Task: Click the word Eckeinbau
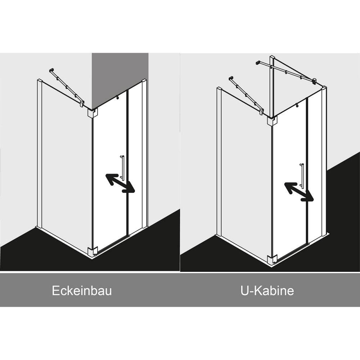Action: coord(82,291)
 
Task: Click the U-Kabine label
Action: coord(267,291)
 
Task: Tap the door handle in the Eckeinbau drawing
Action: coord(122,167)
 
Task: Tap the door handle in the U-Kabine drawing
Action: coord(302,175)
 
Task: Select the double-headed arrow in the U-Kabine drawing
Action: coord(299,192)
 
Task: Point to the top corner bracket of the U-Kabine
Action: coord(272,121)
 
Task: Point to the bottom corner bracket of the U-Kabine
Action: coord(273,260)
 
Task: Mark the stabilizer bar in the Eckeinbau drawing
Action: coord(66,87)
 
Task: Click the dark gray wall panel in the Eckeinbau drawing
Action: coord(120,76)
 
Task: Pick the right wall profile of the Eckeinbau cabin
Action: coord(144,154)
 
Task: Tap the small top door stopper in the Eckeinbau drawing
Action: coord(118,97)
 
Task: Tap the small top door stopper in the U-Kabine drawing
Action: coord(297,105)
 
